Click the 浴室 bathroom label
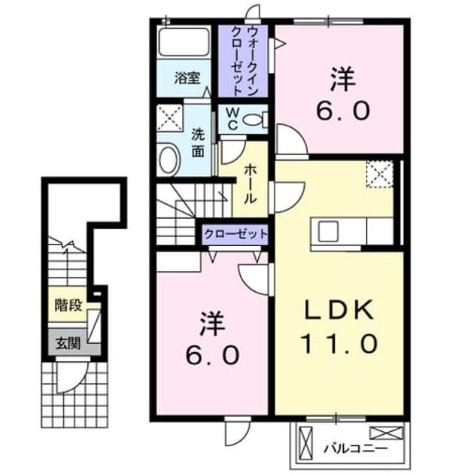[187, 78]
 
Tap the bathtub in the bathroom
[184, 41]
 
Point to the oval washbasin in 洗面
[169, 160]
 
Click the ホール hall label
[251, 184]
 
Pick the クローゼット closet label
[235, 234]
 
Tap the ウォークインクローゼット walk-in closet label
[243, 61]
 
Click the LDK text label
[339, 310]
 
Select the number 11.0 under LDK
[339, 343]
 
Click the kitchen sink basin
[328, 231]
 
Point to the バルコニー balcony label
[355, 448]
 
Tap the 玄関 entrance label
[68, 343]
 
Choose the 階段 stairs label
[68, 305]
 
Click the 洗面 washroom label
[198, 144]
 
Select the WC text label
[232, 119]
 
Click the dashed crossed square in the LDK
[379, 175]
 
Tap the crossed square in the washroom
[169, 118]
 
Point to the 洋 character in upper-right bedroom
[343, 79]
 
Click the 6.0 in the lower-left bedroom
[212, 355]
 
